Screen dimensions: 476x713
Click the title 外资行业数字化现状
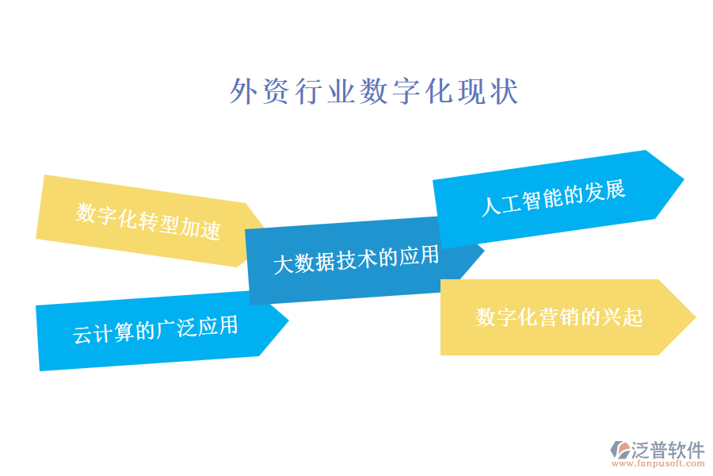374,92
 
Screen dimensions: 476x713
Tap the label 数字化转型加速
148,222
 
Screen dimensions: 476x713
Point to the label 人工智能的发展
554,198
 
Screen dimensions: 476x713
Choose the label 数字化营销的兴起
559,317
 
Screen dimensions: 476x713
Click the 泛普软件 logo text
668,450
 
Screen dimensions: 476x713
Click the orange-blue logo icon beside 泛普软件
618,451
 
